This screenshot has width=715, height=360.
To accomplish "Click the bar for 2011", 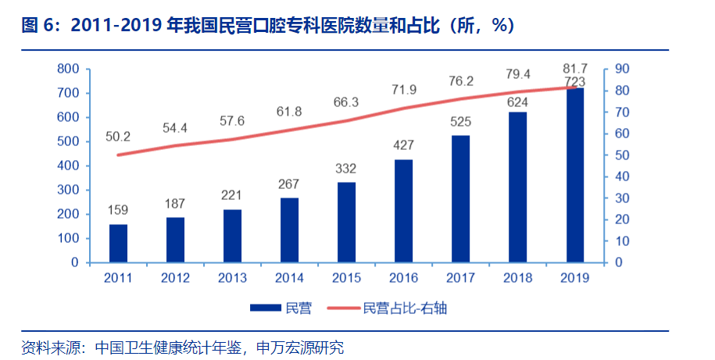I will (x=118, y=243).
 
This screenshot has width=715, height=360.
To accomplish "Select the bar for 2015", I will (x=346, y=223).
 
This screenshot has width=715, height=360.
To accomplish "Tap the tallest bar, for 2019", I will (x=574, y=175).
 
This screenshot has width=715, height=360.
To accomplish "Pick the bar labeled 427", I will (x=403, y=211).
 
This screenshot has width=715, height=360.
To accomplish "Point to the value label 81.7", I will (x=574, y=68).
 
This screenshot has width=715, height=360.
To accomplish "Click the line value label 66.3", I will (x=346, y=103).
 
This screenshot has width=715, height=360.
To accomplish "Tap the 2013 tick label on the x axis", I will (x=232, y=277).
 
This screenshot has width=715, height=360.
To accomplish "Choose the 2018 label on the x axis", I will (x=517, y=277).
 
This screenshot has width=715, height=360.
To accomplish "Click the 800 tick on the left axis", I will (x=69, y=69).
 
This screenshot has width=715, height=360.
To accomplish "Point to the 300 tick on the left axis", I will (x=69, y=190).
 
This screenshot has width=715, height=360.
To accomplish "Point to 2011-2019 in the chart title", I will (x=116, y=25).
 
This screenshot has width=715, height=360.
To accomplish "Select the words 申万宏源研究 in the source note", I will (x=299, y=345).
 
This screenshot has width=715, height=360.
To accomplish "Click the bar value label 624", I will (x=517, y=101).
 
